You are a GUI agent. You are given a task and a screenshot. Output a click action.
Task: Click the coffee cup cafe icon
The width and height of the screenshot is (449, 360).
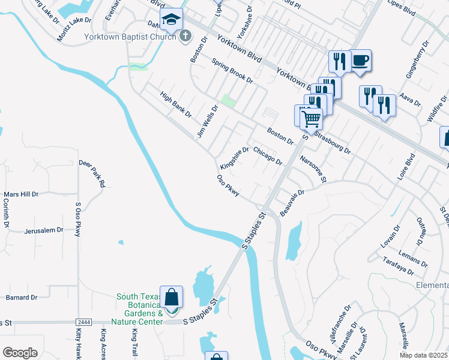click(x=360, y=61)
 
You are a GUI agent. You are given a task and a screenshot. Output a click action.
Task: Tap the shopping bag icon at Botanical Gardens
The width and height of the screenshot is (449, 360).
click(x=172, y=296)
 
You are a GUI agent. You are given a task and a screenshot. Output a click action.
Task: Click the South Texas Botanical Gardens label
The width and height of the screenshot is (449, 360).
click(x=139, y=309)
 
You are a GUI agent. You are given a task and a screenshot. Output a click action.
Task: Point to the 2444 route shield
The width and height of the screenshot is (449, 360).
click(x=84, y=323)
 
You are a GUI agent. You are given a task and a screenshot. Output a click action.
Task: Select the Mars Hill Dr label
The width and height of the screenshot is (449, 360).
click(x=21, y=194)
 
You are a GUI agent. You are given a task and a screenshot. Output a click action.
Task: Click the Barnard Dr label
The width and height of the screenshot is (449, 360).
click(x=22, y=297)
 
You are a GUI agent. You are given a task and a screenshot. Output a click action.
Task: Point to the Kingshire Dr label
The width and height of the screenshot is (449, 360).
click(x=234, y=158)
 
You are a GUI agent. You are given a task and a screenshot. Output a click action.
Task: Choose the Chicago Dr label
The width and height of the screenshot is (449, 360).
click(x=268, y=155)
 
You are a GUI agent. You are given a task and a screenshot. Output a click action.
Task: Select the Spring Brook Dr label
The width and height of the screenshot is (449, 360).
click(x=232, y=72)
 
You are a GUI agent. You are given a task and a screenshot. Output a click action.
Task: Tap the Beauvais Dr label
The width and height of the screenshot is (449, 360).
click(x=293, y=203)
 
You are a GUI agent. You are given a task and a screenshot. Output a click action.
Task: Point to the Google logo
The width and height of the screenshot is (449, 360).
click(x=20, y=353)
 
